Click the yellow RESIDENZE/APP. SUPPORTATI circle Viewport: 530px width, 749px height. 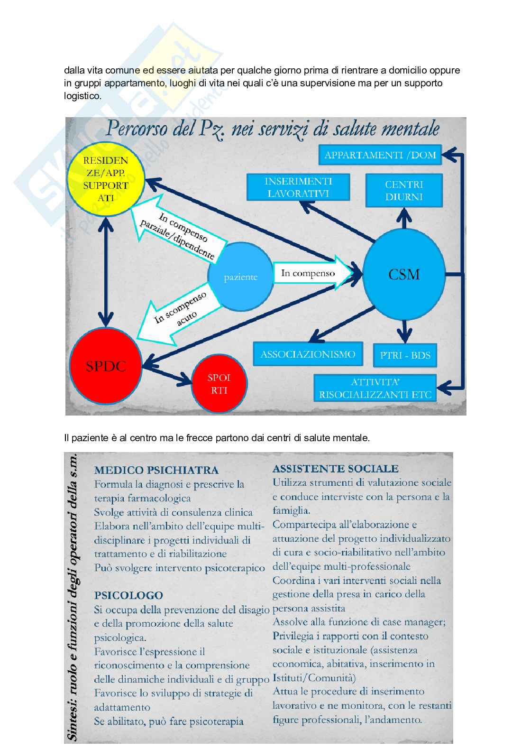coord(105,179)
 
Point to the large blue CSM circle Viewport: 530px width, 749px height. coord(404,275)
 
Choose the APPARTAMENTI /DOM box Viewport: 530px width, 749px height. coord(380,155)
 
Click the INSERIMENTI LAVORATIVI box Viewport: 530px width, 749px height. coord(298,187)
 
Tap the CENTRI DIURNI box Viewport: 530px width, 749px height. coord(404,191)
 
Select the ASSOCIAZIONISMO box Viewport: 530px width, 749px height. coord(308,354)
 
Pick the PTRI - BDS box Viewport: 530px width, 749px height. coord(405,355)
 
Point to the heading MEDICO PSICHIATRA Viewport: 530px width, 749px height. coord(156,470)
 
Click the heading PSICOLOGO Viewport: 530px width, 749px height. coord(128,595)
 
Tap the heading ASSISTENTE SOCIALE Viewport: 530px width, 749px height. coord(335,469)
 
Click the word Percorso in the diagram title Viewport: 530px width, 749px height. coord(137,129)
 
